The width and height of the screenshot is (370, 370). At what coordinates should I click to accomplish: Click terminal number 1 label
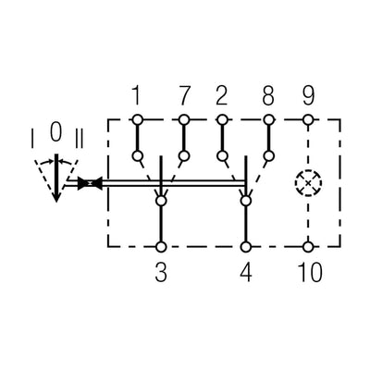coord(137,94)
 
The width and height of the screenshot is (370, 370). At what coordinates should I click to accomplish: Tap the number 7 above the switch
coord(184,94)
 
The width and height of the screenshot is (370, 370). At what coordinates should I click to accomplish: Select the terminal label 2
coord(222,94)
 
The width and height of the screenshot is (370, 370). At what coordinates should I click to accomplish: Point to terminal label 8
coord(269,94)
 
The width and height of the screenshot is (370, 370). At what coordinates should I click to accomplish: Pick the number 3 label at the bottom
coord(161,275)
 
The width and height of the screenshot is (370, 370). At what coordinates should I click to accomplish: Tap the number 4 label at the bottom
coord(245,275)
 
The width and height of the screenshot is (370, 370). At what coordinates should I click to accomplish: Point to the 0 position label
coord(55,132)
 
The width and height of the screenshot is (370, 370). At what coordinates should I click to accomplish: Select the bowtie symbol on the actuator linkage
coord(89,183)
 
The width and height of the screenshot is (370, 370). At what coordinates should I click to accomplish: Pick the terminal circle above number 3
coord(161,247)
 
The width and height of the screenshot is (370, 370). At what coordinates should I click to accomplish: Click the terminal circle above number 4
coord(245,247)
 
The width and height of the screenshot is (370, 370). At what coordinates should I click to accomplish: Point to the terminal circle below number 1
coord(137,119)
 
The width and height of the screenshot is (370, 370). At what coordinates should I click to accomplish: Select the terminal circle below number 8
coord(269,119)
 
